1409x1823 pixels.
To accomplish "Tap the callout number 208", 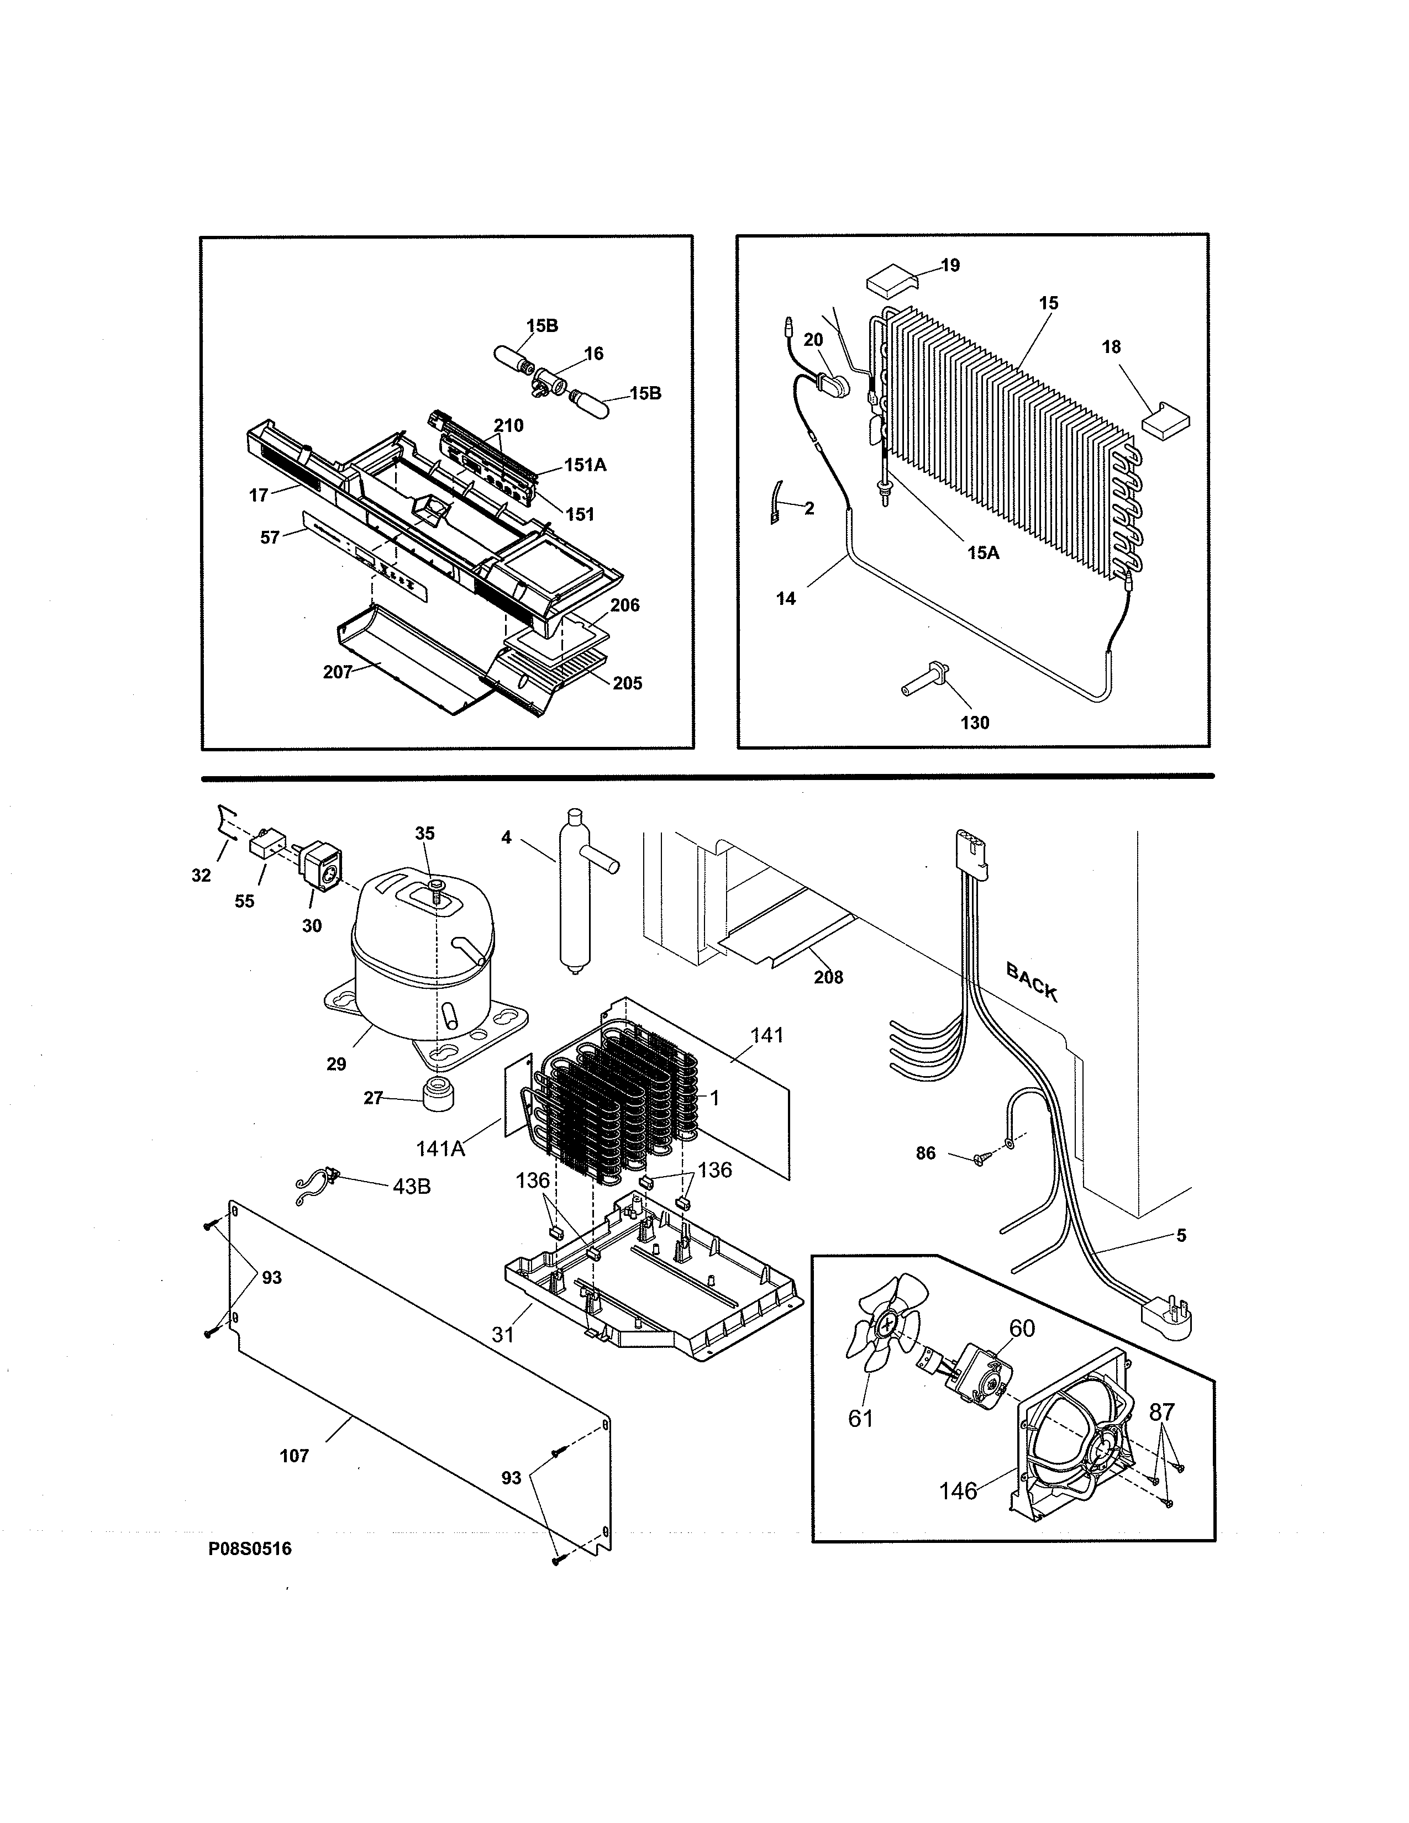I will (828, 977).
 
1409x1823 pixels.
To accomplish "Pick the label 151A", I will (585, 465).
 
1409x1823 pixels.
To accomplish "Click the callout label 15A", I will (984, 552).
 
